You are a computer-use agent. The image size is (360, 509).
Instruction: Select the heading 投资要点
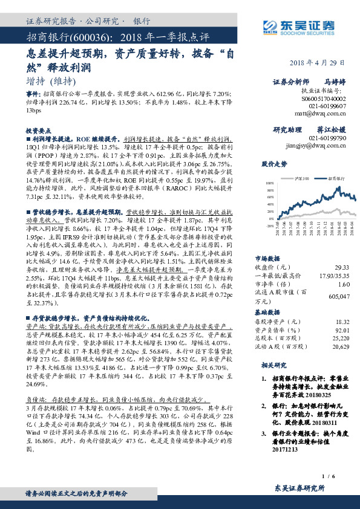pyautogui.click(x=38, y=129)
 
